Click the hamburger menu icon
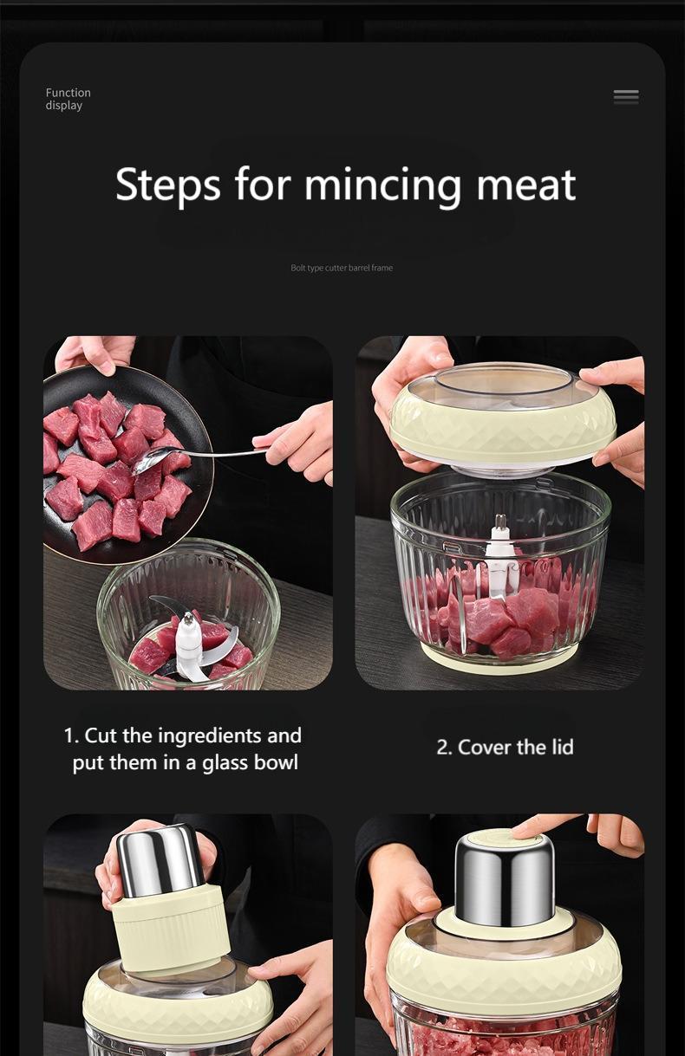point(626,97)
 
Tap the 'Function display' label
point(68,99)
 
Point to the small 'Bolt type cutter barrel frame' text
point(342,269)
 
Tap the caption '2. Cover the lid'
point(505,747)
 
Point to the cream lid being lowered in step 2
point(503,433)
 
